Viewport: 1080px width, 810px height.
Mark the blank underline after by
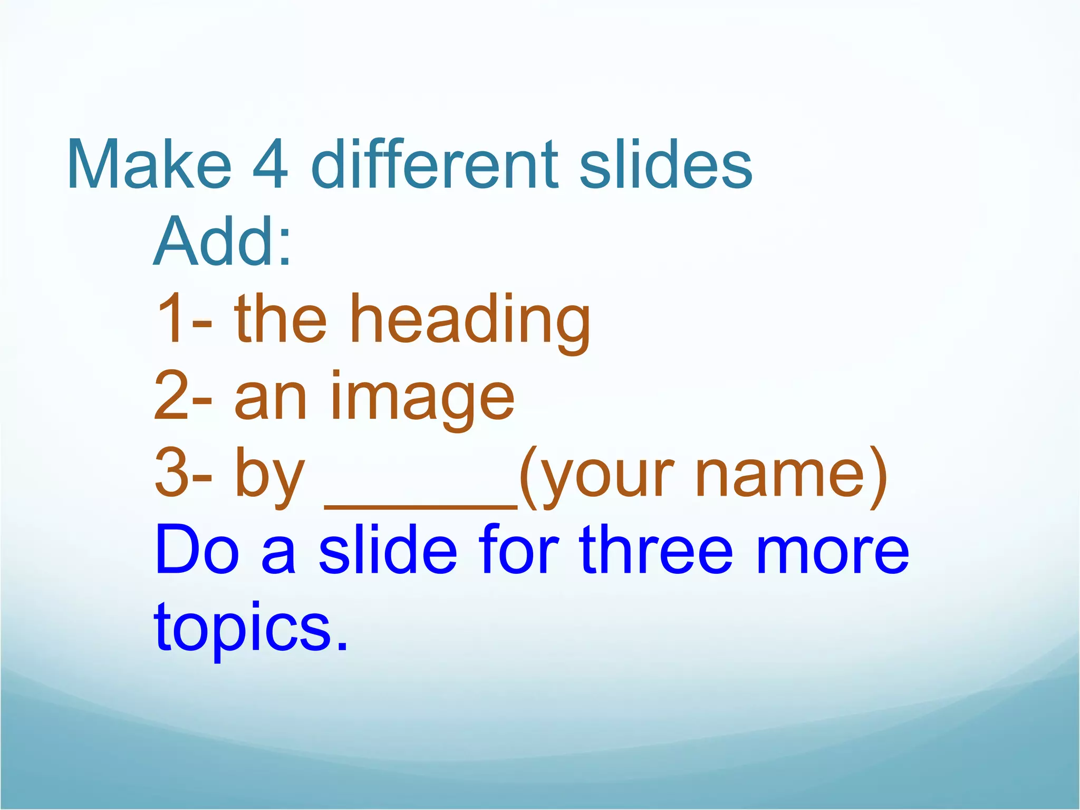coord(421,506)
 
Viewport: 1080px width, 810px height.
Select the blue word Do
coord(197,549)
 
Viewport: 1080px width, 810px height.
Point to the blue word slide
coord(388,549)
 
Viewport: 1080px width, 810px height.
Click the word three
coord(656,549)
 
